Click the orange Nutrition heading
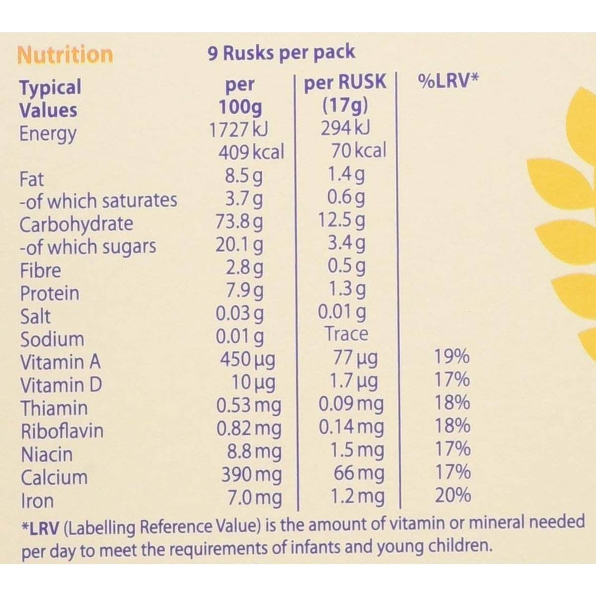[x=65, y=55]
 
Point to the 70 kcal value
[x=359, y=150]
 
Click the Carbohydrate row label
[x=76, y=224]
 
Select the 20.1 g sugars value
[x=239, y=245]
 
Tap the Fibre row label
[x=41, y=271]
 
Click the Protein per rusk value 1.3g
[x=347, y=289]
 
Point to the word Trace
[x=346, y=334]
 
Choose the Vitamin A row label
[x=60, y=362]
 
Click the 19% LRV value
[x=452, y=357]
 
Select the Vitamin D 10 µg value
[x=253, y=382]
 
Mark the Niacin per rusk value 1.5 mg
[x=357, y=450]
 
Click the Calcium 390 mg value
[x=251, y=475]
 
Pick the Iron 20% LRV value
[x=452, y=496]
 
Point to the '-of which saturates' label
[x=98, y=201]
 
